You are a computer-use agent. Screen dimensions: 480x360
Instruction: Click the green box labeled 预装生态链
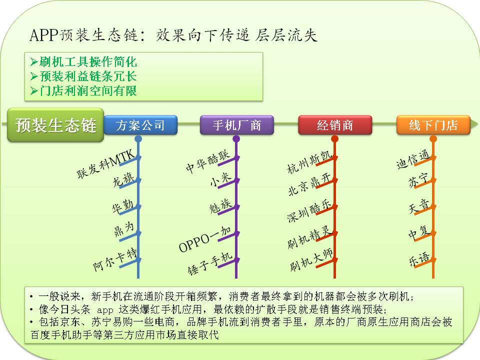coord(55,125)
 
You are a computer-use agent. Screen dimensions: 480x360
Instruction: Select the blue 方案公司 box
coord(140,125)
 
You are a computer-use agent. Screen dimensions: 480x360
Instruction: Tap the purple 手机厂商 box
coord(236,125)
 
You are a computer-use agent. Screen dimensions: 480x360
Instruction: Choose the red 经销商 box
coord(335,125)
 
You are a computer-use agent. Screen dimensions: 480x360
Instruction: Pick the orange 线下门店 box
coord(433,125)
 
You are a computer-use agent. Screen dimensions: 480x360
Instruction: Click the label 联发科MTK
coord(106,164)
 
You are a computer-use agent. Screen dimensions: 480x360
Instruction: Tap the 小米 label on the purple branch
coord(220,179)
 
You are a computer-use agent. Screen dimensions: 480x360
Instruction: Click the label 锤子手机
coord(210,263)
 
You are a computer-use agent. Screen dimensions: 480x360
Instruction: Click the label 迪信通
coord(412,159)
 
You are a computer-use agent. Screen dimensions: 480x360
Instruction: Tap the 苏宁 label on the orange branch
coord(418,180)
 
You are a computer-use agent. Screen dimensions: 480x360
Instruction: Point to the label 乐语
coord(419,259)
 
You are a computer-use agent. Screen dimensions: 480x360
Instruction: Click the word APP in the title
coord(44,35)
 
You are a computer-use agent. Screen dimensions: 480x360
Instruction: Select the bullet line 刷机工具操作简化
coord(83,62)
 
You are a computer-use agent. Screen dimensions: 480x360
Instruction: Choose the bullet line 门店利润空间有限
coord(83,90)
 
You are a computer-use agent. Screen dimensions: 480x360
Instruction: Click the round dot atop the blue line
coord(138,139)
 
